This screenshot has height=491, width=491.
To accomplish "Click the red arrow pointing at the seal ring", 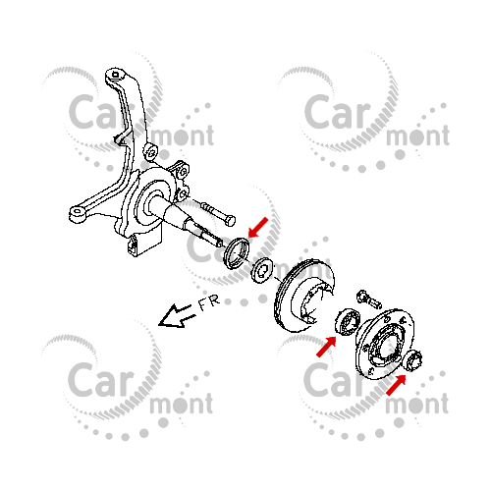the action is coord(258,227).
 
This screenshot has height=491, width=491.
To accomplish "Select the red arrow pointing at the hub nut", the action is coord(396,385).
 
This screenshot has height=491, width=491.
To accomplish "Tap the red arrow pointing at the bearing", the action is coord(326,347).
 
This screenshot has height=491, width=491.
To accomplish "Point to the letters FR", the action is coord(208,303).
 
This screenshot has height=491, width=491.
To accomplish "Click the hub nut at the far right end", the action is coord(413,360).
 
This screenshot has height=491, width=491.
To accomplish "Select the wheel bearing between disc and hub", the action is coord(347,322).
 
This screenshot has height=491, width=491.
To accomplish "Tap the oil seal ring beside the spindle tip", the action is coord(236,253).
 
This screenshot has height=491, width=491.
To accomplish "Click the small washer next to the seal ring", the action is coord(262,270).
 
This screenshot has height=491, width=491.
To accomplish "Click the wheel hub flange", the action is coord(384,344).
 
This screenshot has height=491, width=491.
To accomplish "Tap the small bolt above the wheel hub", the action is coord(369,300).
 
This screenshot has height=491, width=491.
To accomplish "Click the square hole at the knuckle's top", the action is coord(115,75).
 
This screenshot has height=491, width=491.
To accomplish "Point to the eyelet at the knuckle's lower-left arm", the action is coord(78,213).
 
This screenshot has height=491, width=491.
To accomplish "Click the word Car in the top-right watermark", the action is coord(337,112).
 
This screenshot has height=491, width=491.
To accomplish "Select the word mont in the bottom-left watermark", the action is coord(182,404).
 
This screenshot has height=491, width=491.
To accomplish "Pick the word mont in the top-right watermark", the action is coord(417,136).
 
